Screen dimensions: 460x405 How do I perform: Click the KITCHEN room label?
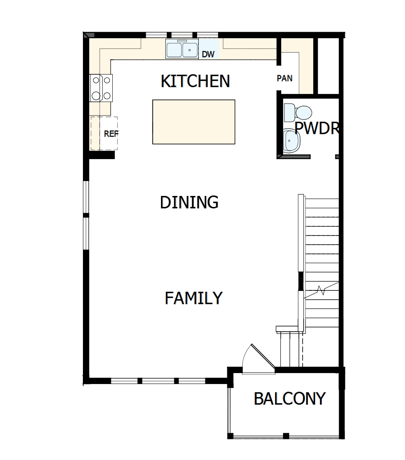(x=195, y=81)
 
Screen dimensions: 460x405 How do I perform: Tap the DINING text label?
(x=189, y=203)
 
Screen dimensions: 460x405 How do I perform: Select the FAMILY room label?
(x=194, y=298)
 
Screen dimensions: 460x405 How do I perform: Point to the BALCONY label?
(x=290, y=398)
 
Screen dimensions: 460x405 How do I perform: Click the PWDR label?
(x=317, y=128)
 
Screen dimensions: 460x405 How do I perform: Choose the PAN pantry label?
(x=285, y=79)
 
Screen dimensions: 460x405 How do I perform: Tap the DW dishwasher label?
(x=208, y=54)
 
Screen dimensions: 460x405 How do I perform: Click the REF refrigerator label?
(x=111, y=134)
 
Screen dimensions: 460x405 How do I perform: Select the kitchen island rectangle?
(x=194, y=122)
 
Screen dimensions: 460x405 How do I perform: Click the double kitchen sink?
(x=182, y=49)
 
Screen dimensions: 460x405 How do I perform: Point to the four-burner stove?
(x=101, y=87)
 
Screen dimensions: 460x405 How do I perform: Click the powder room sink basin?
(x=291, y=140)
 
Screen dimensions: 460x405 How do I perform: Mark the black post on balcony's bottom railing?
(x=286, y=436)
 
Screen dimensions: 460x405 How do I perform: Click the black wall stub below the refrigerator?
(x=102, y=155)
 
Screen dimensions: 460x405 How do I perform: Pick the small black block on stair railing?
(x=301, y=281)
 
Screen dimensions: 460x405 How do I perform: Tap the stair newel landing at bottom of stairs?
(x=289, y=329)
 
